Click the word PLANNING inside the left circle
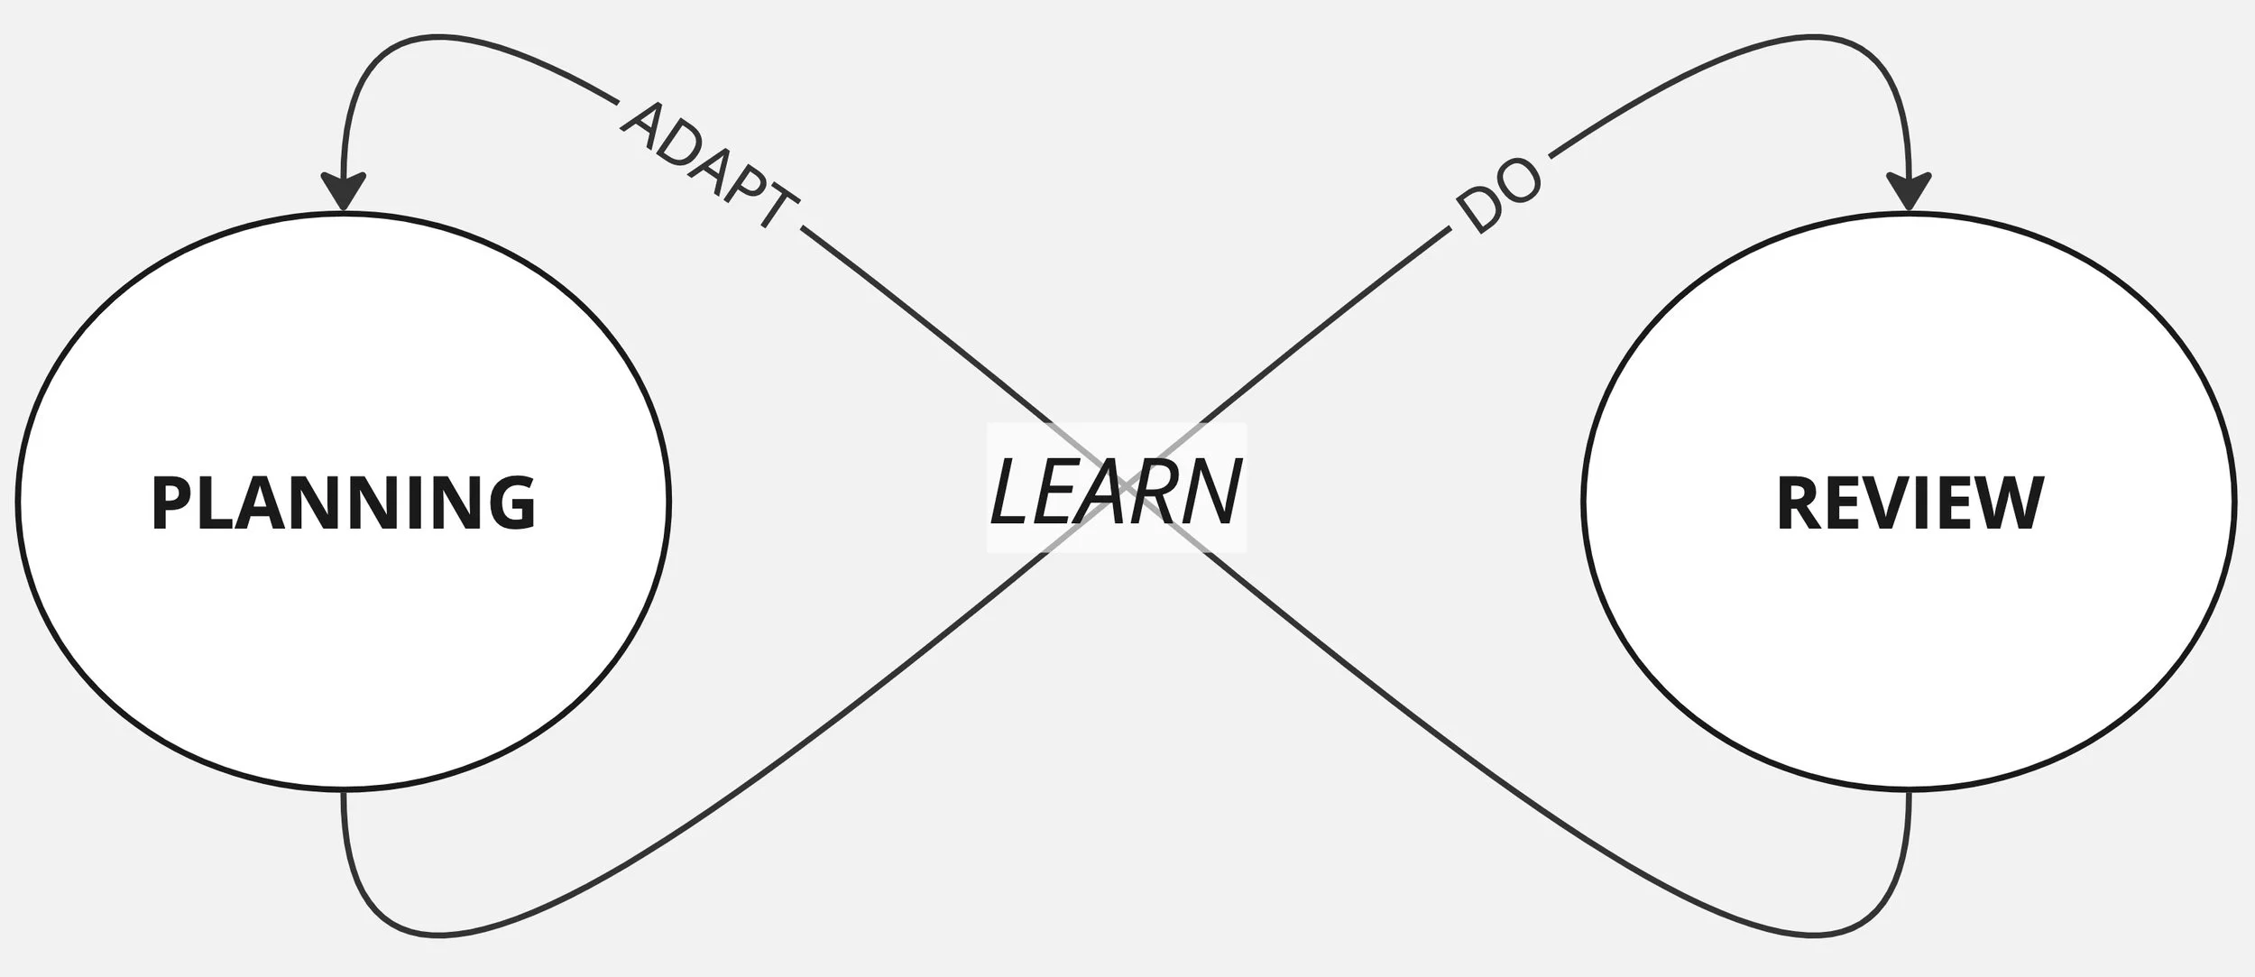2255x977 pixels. click(343, 502)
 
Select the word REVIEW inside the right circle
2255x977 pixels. click(1910, 502)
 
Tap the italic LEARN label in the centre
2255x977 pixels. click(1116, 493)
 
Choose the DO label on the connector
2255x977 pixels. click(1499, 196)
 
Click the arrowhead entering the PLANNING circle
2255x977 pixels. click(343, 191)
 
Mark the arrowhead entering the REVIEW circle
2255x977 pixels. click(1910, 191)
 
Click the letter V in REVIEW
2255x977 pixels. click(1881, 502)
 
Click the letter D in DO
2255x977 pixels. click(1479, 213)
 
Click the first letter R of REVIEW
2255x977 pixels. click(1799, 502)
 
